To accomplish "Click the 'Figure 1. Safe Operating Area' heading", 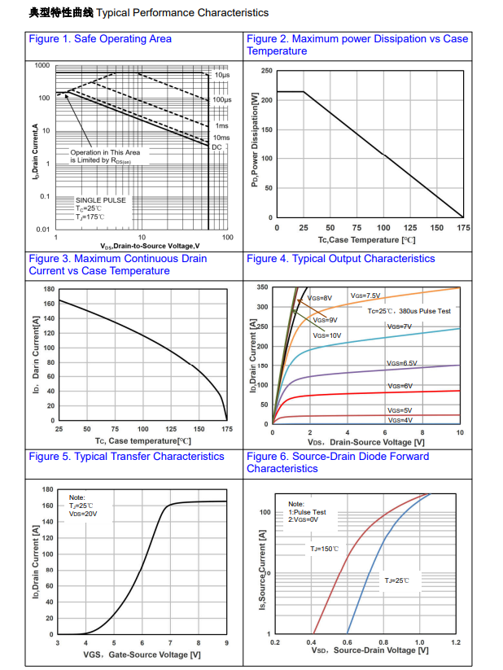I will pyautogui.click(x=99, y=39).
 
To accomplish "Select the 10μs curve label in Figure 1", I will pyautogui.click(x=222, y=75).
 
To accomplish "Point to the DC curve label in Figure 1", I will pyautogui.click(x=217, y=147).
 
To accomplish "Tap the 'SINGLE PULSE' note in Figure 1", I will pyautogui.click(x=101, y=200).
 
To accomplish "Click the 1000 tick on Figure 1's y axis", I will pyautogui.click(x=42, y=65).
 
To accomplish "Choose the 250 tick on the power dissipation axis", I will pyautogui.click(x=267, y=72).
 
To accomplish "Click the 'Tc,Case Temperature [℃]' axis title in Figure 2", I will pyautogui.click(x=366, y=240).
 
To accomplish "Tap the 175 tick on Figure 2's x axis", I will pyautogui.click(x=463, y=228).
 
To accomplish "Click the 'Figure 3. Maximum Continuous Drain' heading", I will pyautogui.click(x=118, y=259).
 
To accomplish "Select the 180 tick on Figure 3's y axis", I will pyautogui.click(x=49, y=289).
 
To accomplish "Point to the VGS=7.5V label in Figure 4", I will pyautogui.click(x=365, y=296).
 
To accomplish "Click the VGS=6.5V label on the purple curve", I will pyautogui.click(x=401, y=363).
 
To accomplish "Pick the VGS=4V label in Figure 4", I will pyautogui.click(x=399, y=420).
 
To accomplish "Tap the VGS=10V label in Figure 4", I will pyautogui.click(x=327, y=335).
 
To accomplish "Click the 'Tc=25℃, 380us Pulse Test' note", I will pyautogui.click(x=408, y=311).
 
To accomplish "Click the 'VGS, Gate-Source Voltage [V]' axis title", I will pyautogui.click(x=142, y=655).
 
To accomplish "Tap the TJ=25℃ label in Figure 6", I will pyautogui.click(x=396, y=580).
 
